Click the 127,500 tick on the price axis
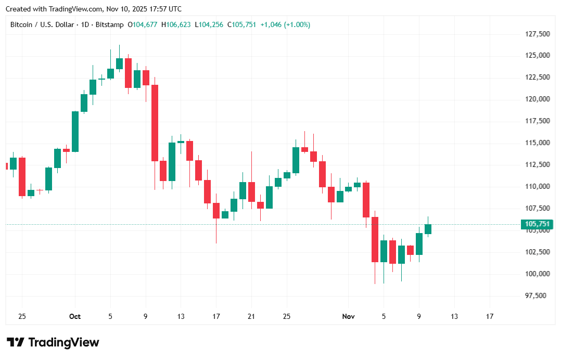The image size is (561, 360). tap(537, 34)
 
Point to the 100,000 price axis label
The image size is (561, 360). tap(537, 274)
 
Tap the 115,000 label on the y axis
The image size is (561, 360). tap(537, 143)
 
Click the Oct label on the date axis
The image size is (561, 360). tap(75, 316)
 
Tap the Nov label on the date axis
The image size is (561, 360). tap(348, 316)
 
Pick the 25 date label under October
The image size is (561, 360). tap(286, 316)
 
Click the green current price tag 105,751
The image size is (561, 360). tap(537, 224)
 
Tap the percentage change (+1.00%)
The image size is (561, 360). tap(297, 24)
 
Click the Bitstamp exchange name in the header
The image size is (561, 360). tap(113, 24)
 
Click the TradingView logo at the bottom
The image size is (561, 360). tap(53, 342)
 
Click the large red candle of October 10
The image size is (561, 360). tap(155, 123)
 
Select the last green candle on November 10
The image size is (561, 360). tap(428, 229)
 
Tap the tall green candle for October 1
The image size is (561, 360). tap(75, 132)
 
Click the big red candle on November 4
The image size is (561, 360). tap(375, 239)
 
